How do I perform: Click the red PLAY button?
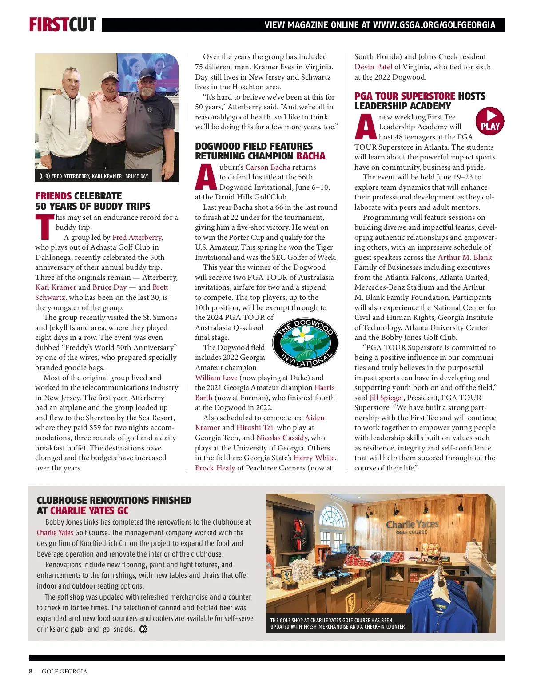pyautogui.click(x=489, y=121)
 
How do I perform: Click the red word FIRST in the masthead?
pyautogui.click(x=48, y=25)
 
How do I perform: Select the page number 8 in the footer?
pyautogui.click(x=31, y=671)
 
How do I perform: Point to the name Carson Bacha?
pyautogui.click(x=267, y=167)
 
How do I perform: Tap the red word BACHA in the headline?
pyautogui.click(x=310, y=156)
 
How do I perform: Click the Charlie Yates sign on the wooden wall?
pyautogui.click(x=412, y=526)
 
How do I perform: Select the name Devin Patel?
pyautogui.click(x=373, y=67)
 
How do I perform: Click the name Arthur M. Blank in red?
pyautogui.click(x=465, y=257)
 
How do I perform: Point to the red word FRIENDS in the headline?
pyautogui.click(x=53, y=196)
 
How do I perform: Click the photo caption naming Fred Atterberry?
pyautogui.click(x=93, y=176)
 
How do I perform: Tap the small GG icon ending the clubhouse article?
pyautogui.click(x=143, y=629)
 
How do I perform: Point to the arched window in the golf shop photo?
pyautogui.click(x=332, y=516)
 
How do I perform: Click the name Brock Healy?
pyautogui.click(x=215, y=468)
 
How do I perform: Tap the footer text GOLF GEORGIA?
pyautogui.click(x=64, y=671)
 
